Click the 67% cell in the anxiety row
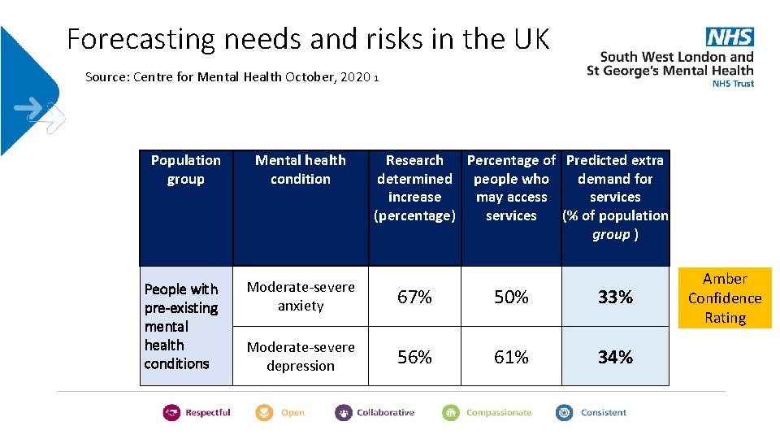tap(414, 298)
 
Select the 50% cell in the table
tap(511, 298)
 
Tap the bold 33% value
tap(615, 298)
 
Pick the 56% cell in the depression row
tap(414, 357)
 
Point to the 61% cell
tap(511, 357)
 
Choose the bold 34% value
tap(615, 357)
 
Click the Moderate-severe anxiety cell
tap(301, 297)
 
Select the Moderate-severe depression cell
tap(301, 356)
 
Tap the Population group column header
tap(186, 170)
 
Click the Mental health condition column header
tap(301, 170)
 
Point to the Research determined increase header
tap(414, 188)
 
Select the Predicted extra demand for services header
tap(615, 197)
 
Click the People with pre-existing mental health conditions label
tap(181, 326)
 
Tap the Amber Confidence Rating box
tap(725, 298)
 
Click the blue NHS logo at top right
tap(729, 37)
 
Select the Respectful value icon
tap(171, 413)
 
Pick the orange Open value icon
tap(264, 413)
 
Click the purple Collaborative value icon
tap(344, 413)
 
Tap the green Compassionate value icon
tap(451, 413)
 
